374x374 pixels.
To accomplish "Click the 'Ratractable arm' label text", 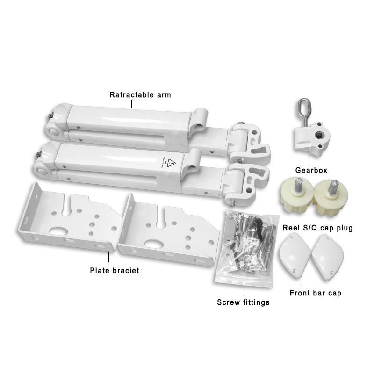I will click(x=140, y=95).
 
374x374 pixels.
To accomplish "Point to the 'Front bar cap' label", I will click(x=315, y=293).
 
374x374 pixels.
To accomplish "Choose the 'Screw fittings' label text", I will click(x=243, y=302).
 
